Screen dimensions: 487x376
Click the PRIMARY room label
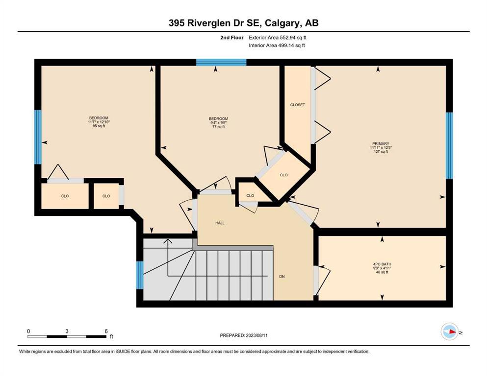381,143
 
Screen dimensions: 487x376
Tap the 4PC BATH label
382,264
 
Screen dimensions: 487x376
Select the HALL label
220,223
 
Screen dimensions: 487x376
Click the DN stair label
282,277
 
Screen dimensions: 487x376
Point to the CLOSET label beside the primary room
298,105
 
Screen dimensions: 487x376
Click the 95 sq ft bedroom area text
99,126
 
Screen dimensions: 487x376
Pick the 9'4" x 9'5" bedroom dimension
218,122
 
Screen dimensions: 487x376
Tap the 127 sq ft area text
381,152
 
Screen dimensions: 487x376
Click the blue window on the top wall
221,62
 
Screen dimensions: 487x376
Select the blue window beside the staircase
140,275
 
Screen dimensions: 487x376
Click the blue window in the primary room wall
449,145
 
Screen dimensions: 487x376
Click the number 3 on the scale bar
67,331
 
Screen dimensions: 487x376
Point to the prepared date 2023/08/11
256,335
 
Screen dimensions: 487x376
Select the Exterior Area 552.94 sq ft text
278,38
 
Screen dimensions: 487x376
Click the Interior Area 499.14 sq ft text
277,45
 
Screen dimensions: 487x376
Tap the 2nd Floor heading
231,38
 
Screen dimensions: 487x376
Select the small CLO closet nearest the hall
250,196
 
